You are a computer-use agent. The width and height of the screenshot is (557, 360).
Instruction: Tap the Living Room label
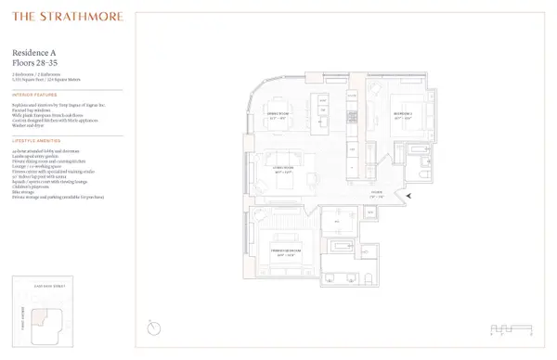point(282,170)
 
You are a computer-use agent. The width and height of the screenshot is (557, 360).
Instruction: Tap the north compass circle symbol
point(153,328)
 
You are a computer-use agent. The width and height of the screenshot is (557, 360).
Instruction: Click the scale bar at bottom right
point(512,328)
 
